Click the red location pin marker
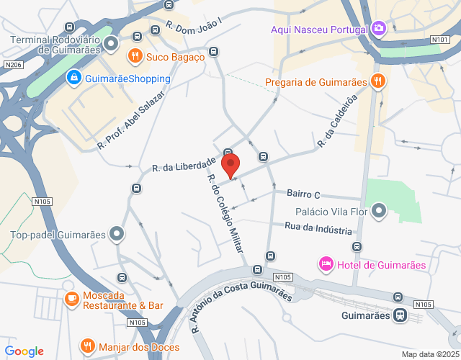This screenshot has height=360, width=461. pyautogui.click(x=230, y=166)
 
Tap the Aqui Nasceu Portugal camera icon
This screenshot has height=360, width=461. pyautogui.click(x=379, y=30)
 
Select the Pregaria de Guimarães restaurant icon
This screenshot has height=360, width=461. pyautogui.click(x=377, y=81)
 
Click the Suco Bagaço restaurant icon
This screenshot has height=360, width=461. pyautogui.click(x=135, y=56)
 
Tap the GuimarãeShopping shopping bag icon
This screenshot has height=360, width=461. pyautogui.click(x=73, y=78)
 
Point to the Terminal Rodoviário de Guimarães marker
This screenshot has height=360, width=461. pyautogui.click(x=111, y=45)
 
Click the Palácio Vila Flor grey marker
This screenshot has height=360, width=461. pyautogui.click(x=380, y=212)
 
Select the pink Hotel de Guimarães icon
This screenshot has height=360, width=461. pyautogui.click(x=326, y=265)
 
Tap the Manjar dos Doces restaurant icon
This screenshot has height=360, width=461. pyautogui.click(x=88, y=346)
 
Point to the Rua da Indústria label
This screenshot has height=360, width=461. pyautogui.click(x=318, y=228)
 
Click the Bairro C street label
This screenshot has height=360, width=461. pyautogui.click(x=303, y=194)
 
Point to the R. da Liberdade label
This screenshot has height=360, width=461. pyautogui.click(x=184, y=164)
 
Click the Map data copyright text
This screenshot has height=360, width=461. pyautogui.click(x=429, y=354)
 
